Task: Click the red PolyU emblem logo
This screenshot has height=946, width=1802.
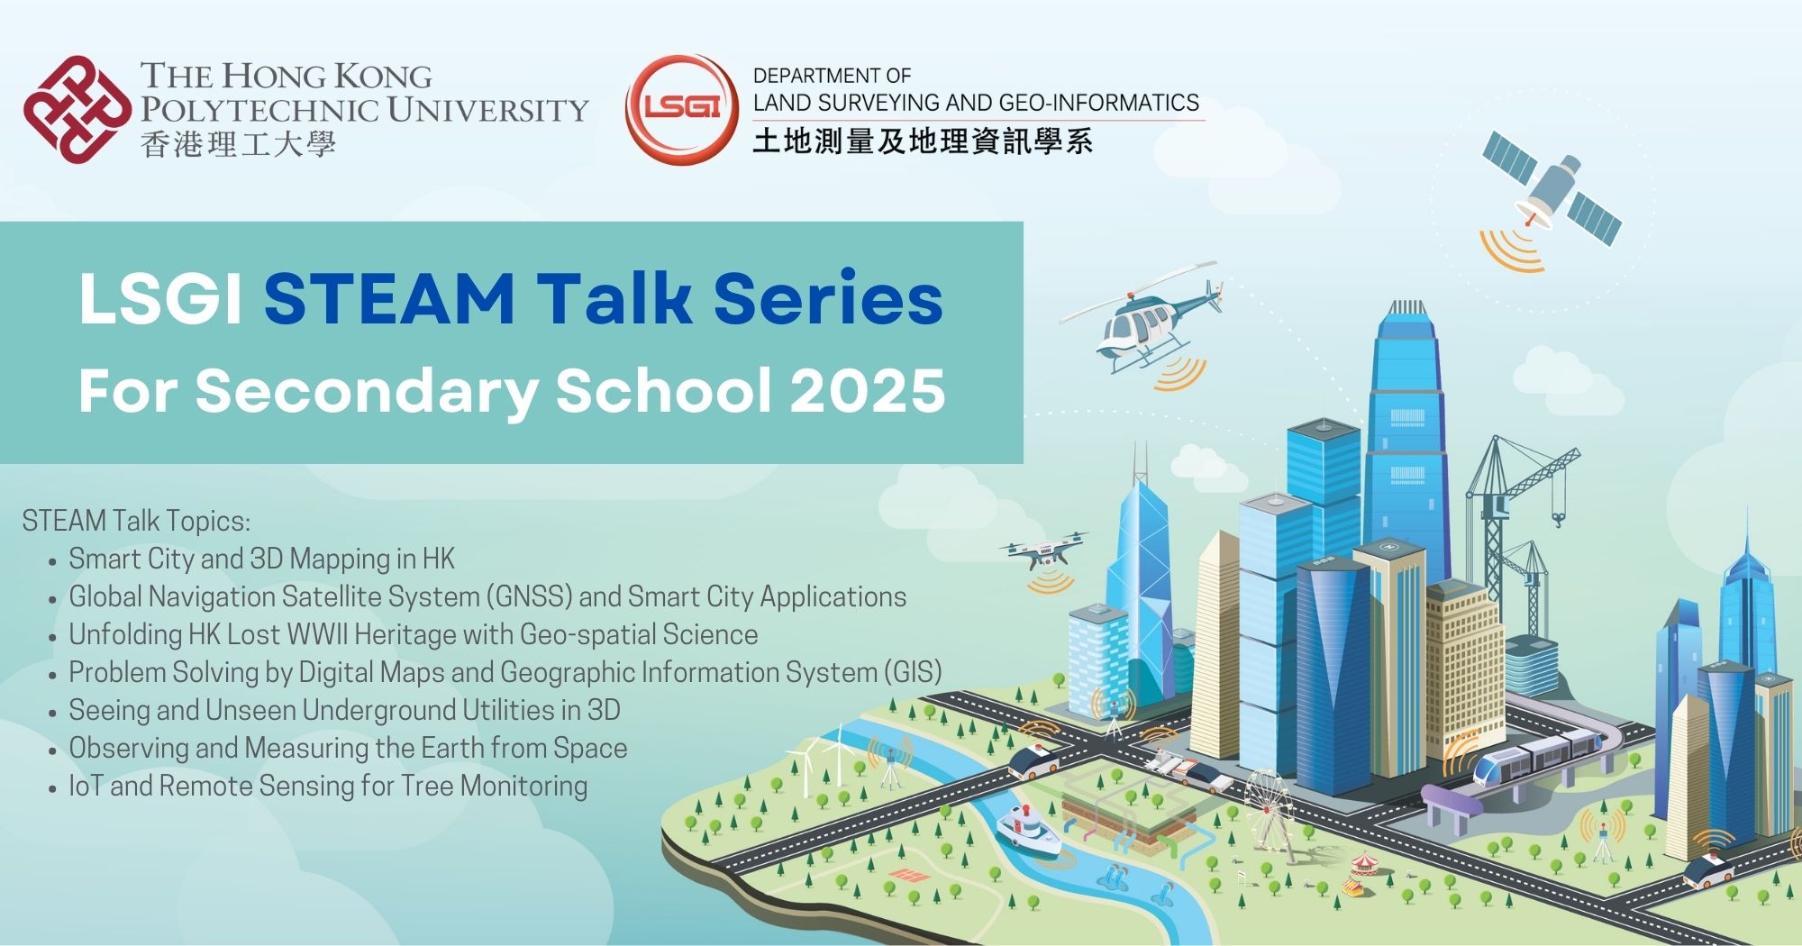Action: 77,109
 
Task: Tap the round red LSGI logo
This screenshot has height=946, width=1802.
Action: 682,109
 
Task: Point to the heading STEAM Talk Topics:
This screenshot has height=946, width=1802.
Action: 136,521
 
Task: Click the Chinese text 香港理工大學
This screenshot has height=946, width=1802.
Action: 238,144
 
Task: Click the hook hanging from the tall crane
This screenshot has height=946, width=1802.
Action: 1557,517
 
